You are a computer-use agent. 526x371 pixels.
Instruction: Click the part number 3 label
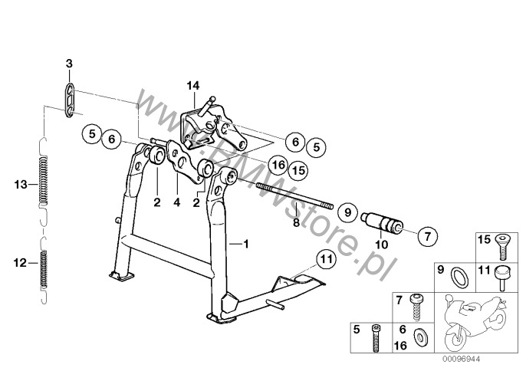(69, 63)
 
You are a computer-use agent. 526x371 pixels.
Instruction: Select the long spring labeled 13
(43, 181)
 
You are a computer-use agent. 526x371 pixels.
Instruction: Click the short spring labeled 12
(43, 270)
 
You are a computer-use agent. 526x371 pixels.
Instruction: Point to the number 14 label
(193, 86)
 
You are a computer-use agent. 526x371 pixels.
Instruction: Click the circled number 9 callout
(348, 212)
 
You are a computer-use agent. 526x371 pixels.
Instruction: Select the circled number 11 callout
(327, 259)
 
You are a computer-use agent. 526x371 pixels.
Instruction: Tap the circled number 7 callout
(427, 237)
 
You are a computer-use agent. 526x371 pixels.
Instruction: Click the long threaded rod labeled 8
(294, 196)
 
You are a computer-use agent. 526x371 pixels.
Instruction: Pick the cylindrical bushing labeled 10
(382, 222)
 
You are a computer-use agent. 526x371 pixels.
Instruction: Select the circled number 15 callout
(298, 170)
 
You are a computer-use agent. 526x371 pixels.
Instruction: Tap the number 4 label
(177, 202)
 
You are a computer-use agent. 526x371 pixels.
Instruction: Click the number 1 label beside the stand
(246, 244)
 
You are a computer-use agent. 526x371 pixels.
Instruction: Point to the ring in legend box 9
(459, 277)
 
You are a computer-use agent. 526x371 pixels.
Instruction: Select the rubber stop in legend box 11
(502, 277)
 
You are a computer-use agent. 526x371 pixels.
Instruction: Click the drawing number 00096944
(462, 359)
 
